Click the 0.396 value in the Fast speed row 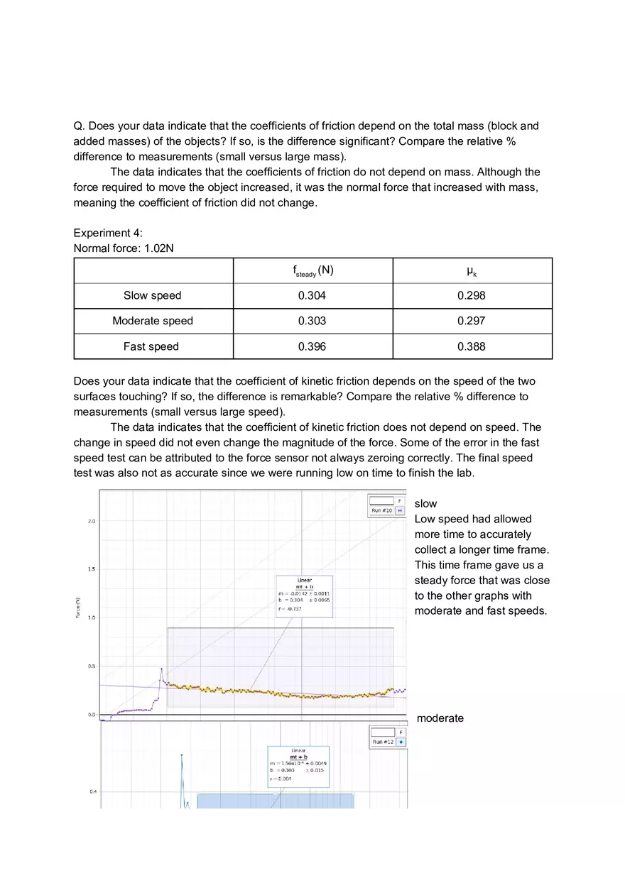312,346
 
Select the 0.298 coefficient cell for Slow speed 472,295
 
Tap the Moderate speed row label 153,321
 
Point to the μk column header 472,270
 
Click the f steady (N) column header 312,271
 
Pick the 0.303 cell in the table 312,321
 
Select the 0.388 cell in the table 472,346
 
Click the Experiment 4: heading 108,233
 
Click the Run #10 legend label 381,510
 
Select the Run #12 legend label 383,742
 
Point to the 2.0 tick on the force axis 92,522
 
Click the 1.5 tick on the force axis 92,569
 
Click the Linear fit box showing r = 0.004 298,766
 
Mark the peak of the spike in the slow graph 161,669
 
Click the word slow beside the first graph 425,503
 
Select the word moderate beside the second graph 440,718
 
